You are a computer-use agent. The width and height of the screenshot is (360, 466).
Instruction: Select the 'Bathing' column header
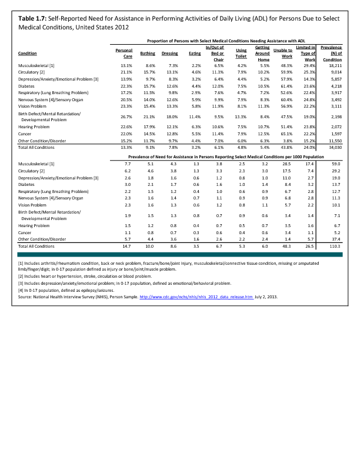coord(148,54)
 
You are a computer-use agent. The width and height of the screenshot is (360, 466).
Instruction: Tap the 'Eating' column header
coord(195,54)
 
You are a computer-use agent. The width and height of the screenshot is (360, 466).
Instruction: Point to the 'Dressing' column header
coord(169,54)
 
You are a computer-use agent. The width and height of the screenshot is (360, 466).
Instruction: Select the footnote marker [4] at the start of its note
coord(21,291)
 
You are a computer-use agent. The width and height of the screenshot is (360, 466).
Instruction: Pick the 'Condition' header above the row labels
coord(29,54)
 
